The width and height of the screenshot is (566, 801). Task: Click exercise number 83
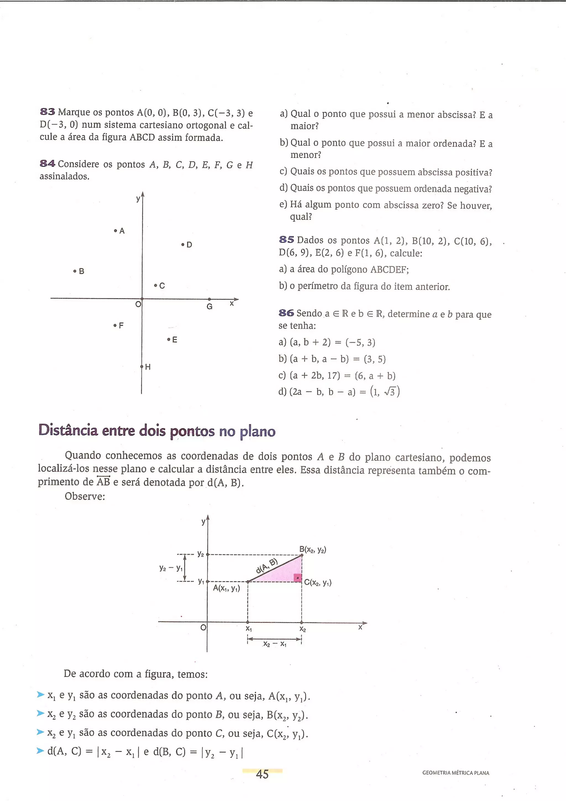coord(48,112)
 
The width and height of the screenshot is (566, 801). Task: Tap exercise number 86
coord(286,313)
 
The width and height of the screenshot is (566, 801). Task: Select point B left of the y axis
coord(75,271)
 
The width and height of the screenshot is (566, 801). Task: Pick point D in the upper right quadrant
coord(183,245)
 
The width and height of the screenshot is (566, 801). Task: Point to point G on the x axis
coord(209,299)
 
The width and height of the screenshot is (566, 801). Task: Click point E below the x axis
coord(169,339)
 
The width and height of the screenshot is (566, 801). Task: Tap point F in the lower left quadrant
coord(115,326)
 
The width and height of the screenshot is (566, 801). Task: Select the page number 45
coord(262,774)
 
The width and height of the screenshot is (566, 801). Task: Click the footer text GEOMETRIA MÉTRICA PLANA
coord(455,773)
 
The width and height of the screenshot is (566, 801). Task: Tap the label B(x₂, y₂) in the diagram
coord(313,550)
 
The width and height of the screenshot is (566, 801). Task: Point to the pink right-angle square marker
coord(297,578)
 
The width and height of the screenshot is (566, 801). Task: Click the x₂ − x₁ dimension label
coord(275,644)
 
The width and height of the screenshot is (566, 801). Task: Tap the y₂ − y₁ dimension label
coord(171,568)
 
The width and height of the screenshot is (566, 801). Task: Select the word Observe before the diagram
coord(85,496)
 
